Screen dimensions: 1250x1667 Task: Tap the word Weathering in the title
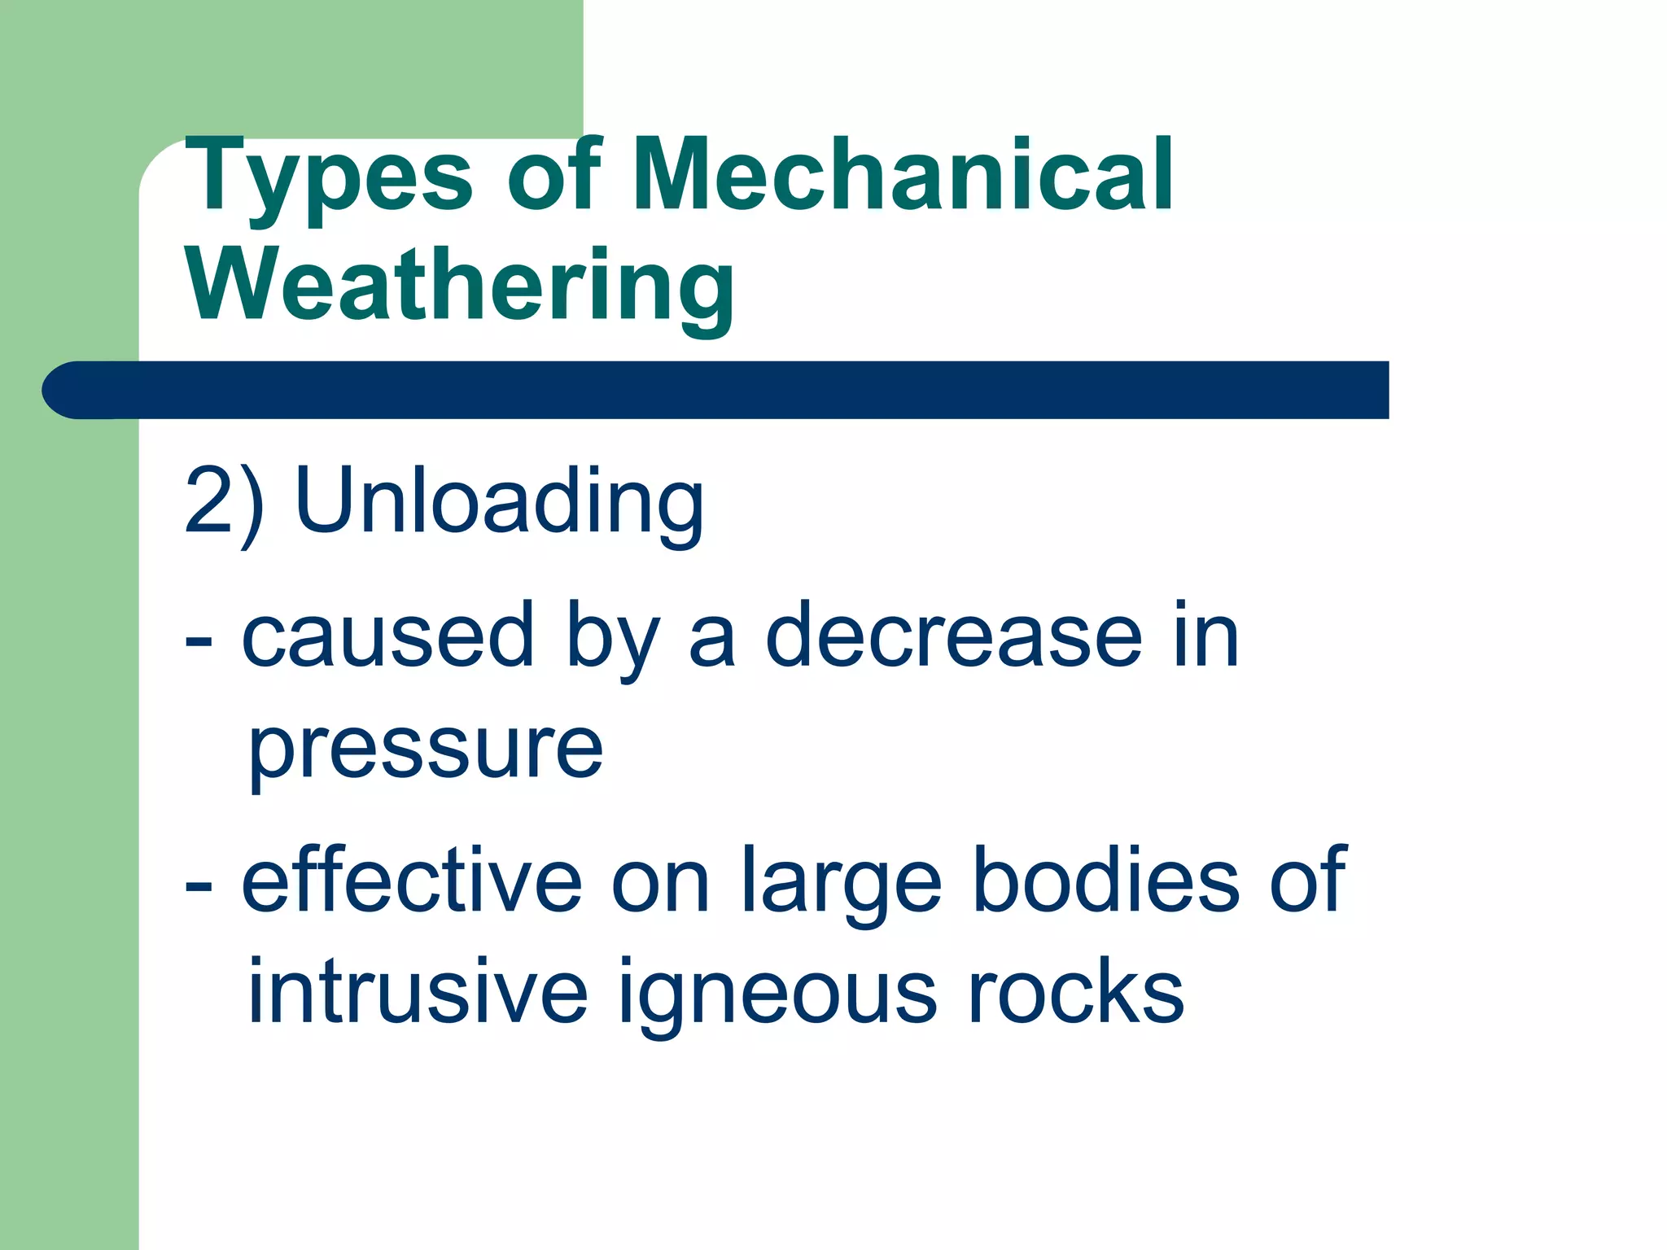tap(461, 286)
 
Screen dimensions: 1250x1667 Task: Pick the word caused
tap(387, 636)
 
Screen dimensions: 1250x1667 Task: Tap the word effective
tap(412, 881)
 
